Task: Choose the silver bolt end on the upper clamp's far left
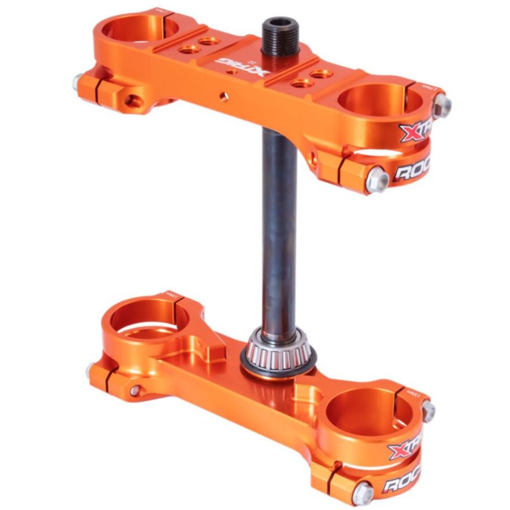tap(78, 83)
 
